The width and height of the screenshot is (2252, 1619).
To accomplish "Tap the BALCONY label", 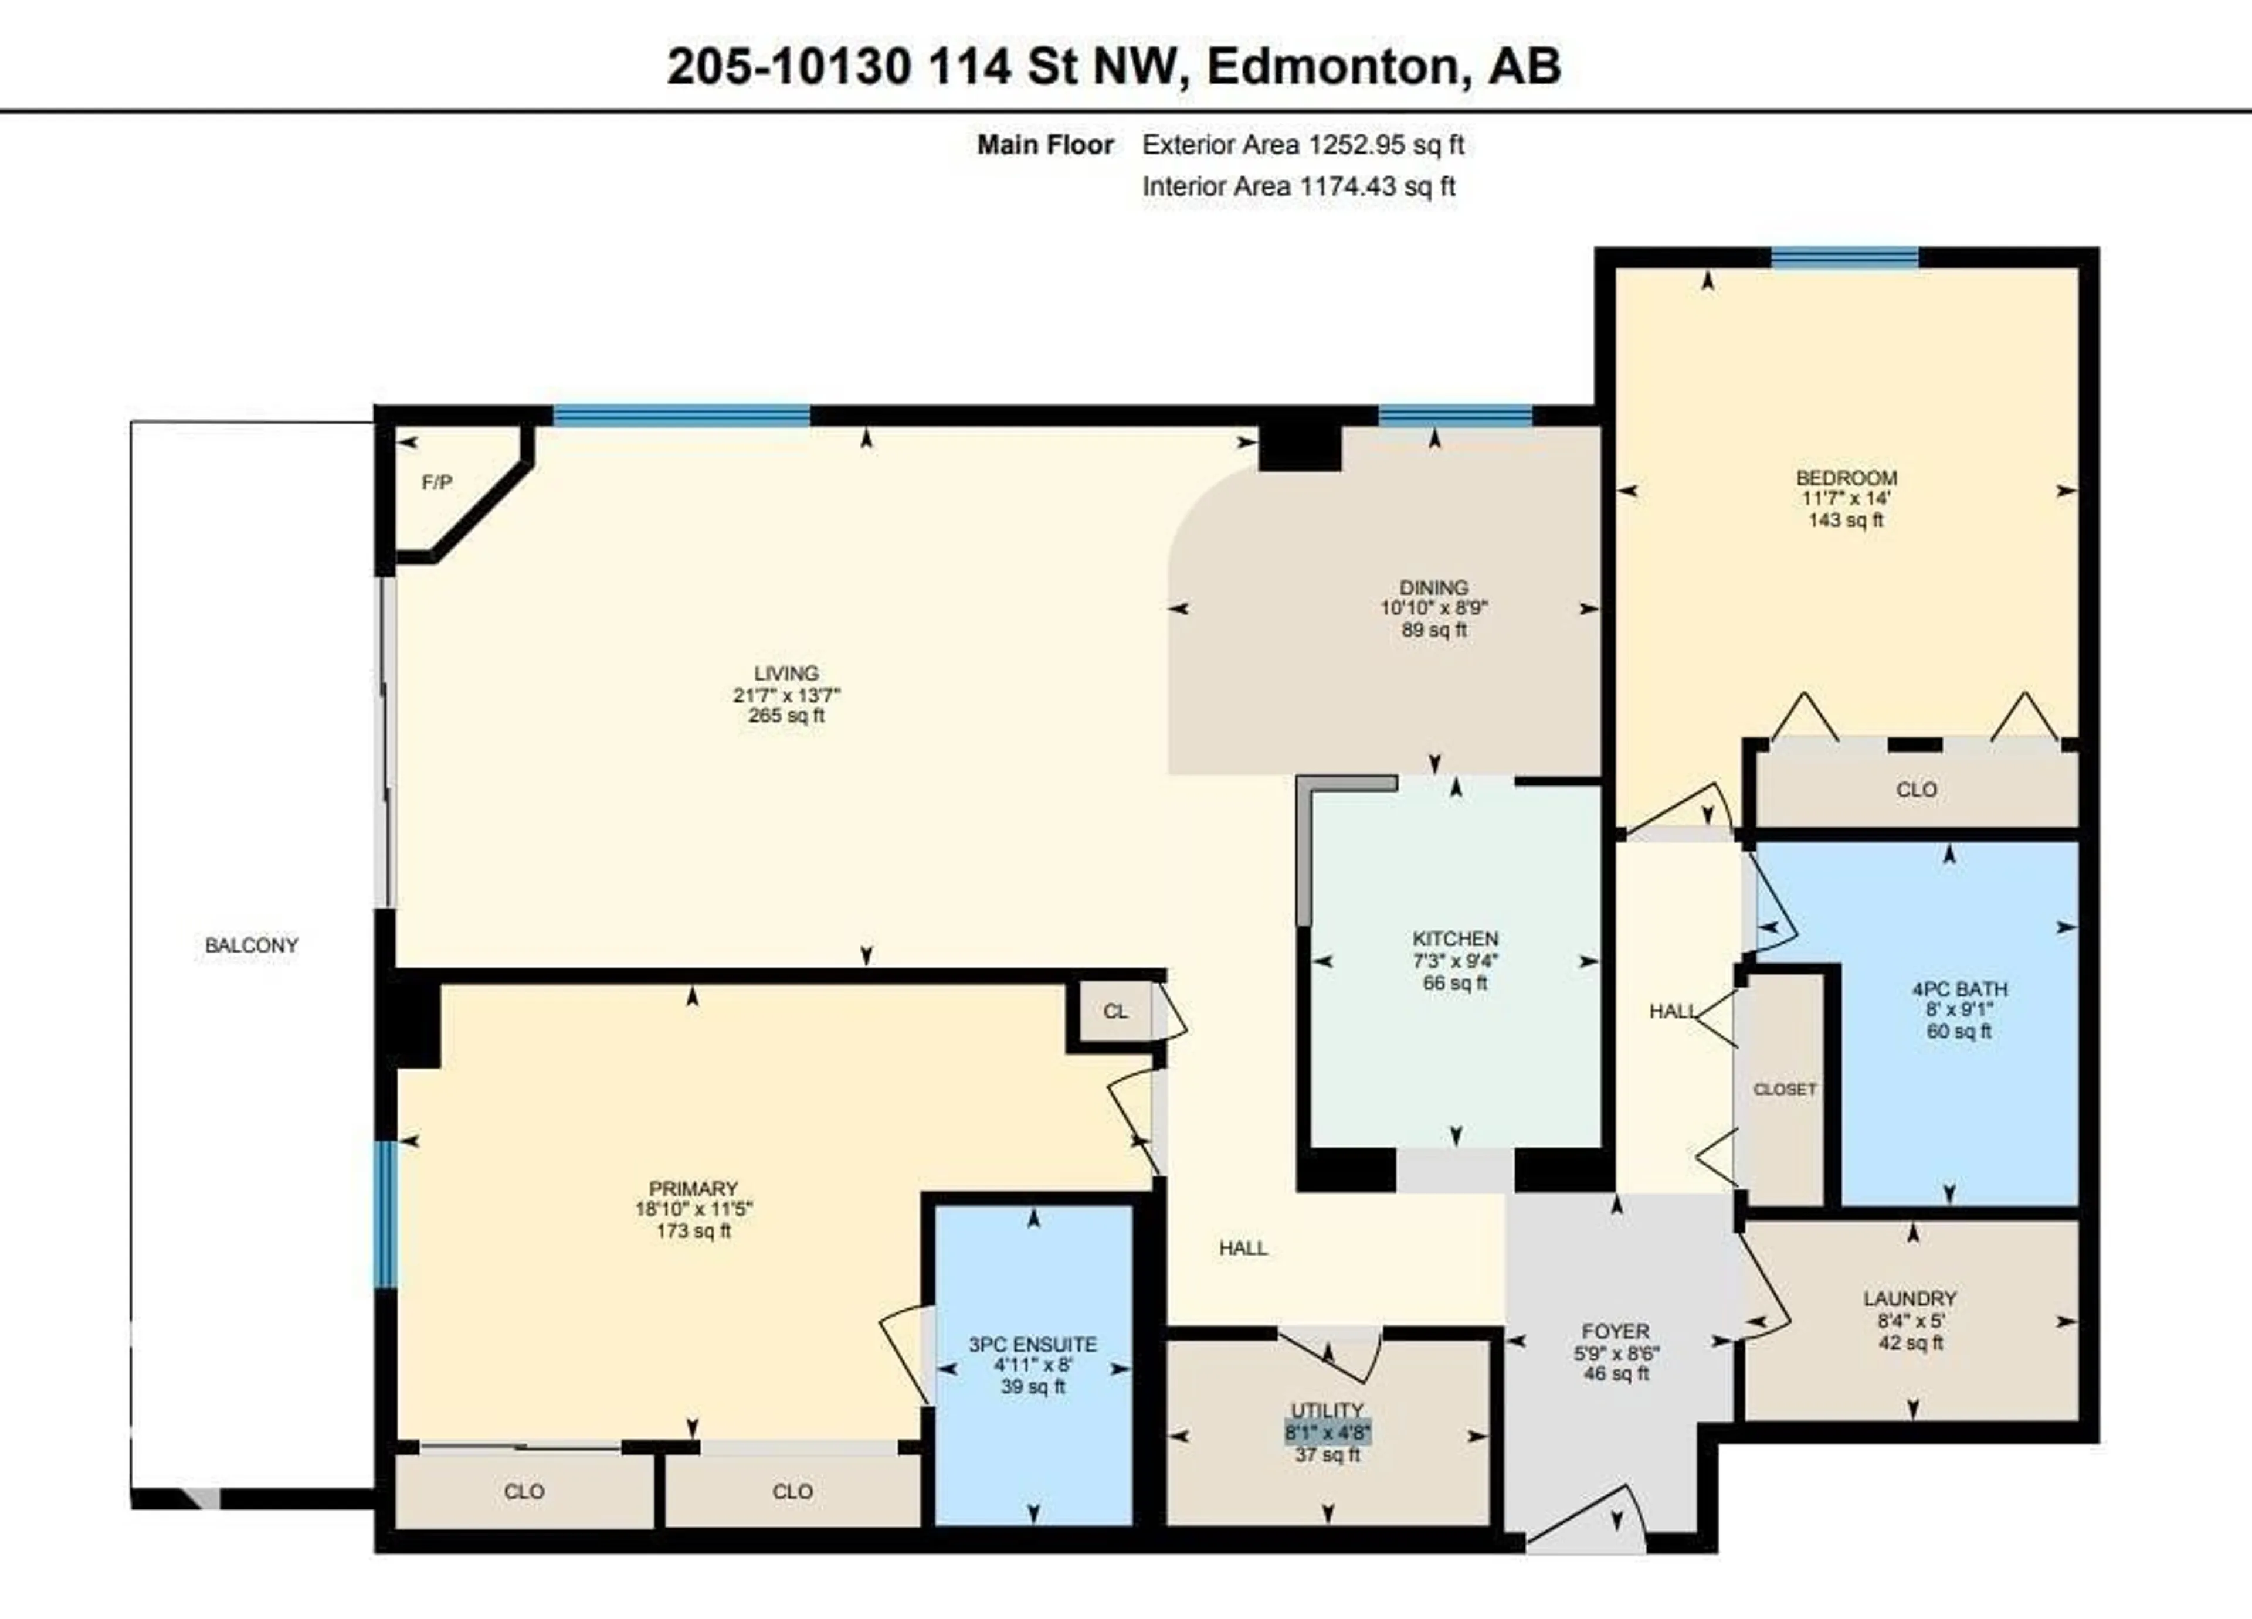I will (251, 945).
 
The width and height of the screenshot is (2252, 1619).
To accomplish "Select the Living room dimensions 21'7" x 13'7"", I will (786, 695).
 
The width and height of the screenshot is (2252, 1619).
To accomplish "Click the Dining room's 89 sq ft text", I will (1434, 630).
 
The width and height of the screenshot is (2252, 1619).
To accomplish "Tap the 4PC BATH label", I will (1959, 989).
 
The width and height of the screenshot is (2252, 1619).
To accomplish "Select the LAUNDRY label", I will (1910, 1298).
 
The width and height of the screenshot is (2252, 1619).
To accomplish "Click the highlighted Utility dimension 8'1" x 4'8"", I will (1328, 1433).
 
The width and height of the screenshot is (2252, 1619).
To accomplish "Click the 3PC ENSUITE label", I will (1033, 1344).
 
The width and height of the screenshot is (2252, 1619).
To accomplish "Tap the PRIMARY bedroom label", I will (693, 1188).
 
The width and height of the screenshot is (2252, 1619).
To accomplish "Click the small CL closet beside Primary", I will (1115, 1012).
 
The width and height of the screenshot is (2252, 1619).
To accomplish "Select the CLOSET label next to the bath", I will (1785, 1089).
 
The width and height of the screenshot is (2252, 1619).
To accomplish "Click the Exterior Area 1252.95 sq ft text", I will (1303, 145).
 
